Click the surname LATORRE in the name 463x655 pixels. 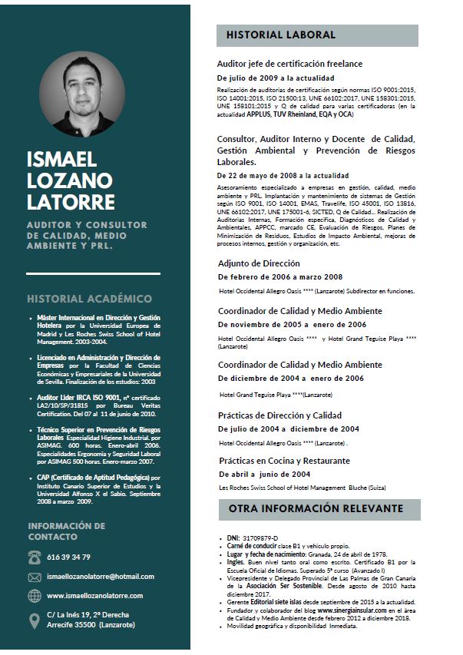click(x=71, y=202)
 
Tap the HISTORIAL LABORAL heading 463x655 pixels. click(x=281, y=35)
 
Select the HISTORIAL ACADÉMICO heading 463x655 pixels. click(x=89, y=299)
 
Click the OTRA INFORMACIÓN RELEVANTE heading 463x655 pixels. click(x=316, y=509)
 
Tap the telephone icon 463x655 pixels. click(x=35, y=557)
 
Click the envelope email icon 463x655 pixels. click(x=35, y=577)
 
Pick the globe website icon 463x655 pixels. click(x=35, y=596)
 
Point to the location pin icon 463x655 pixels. click(x=35, y=620)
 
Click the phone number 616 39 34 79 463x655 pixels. click(x=68, y=557)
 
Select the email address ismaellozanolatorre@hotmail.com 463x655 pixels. click(x=101, y=577)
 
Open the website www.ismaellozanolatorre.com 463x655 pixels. click(x=94, y=596)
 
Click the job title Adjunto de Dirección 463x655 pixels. click(x=259, y=263)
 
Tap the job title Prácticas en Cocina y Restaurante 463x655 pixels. click(x=283, y=460)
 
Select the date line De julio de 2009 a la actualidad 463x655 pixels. click(x=276, y=78)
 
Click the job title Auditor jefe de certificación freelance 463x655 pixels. click(x=289, y=64)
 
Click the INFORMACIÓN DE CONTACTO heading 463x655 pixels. click(x=67, y=531)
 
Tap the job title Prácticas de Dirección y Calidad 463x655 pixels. click(x=279, y=415)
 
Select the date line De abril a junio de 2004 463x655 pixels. click(x=264, y=474)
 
